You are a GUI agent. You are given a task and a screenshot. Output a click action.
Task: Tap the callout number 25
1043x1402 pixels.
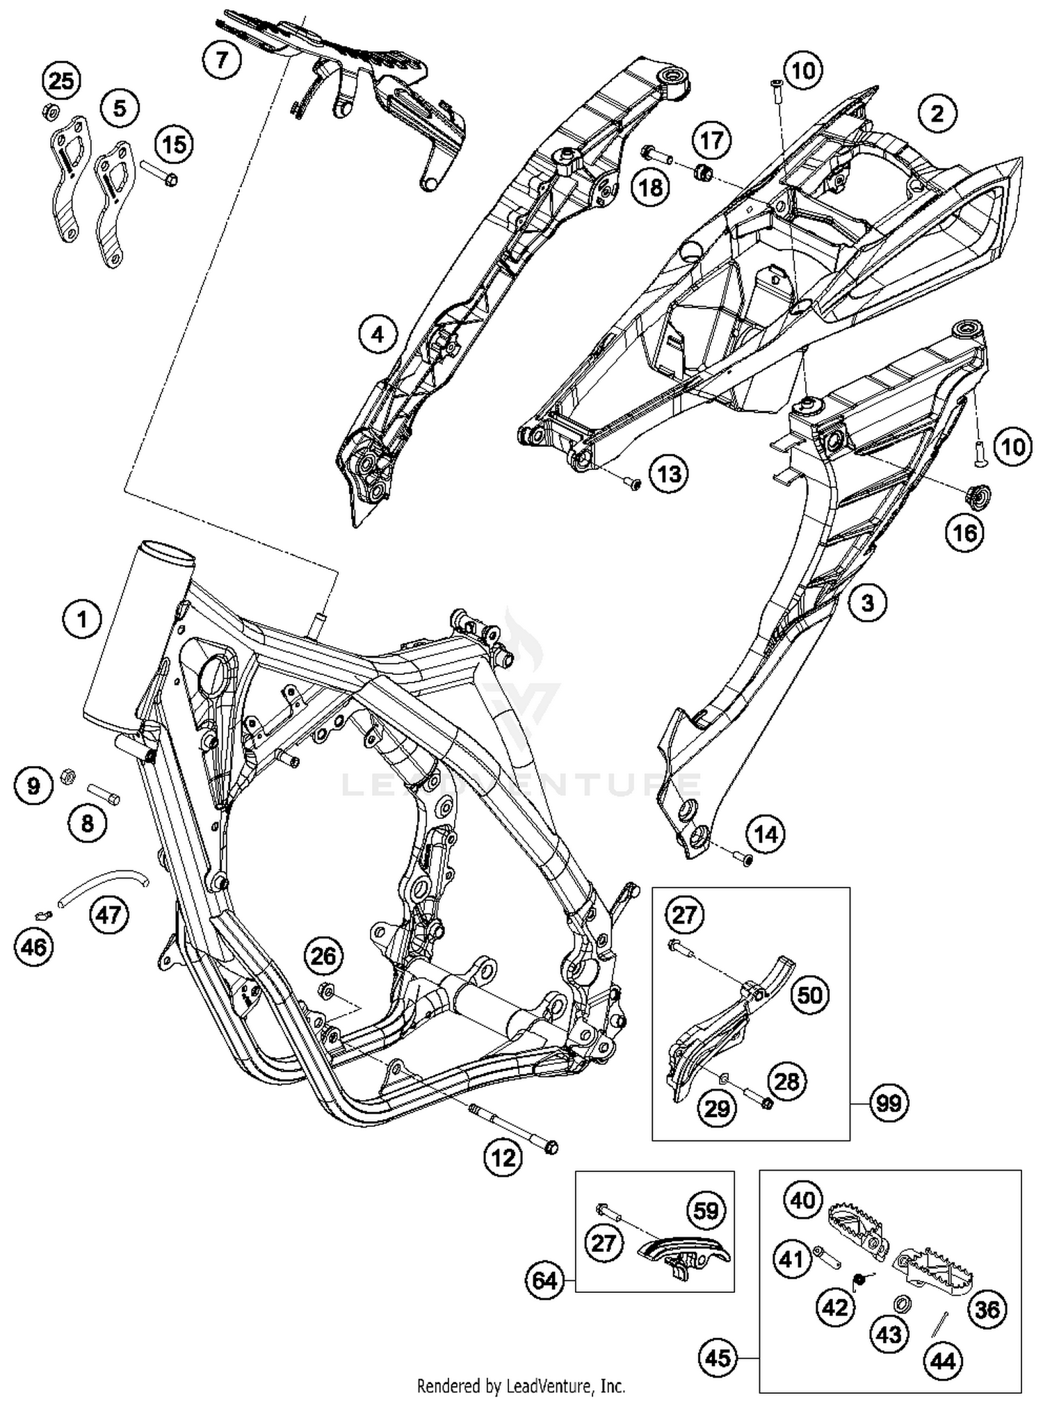point(61,81)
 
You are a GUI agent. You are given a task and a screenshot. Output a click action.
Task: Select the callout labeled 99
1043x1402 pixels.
point(889,1103)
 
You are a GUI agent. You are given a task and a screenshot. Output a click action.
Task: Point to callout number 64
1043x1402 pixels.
point(545,1280)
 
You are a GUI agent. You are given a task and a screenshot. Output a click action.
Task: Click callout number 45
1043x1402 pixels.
point(718,1358)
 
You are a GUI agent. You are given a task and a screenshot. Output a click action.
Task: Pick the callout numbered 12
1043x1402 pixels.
point(503,1157)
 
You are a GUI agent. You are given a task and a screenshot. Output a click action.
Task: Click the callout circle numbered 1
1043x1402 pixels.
point(82,619)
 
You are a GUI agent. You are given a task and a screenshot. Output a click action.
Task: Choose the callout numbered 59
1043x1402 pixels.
point(706,1211)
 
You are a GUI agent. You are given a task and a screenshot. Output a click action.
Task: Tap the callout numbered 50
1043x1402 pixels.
point(810,995)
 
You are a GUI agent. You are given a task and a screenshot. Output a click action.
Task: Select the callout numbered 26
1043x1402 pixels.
point(323,956)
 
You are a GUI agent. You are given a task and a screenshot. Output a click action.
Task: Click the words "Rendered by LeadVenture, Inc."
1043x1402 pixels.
point(521,1387)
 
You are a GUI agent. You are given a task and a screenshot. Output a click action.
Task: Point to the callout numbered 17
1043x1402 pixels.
point(711,141)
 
